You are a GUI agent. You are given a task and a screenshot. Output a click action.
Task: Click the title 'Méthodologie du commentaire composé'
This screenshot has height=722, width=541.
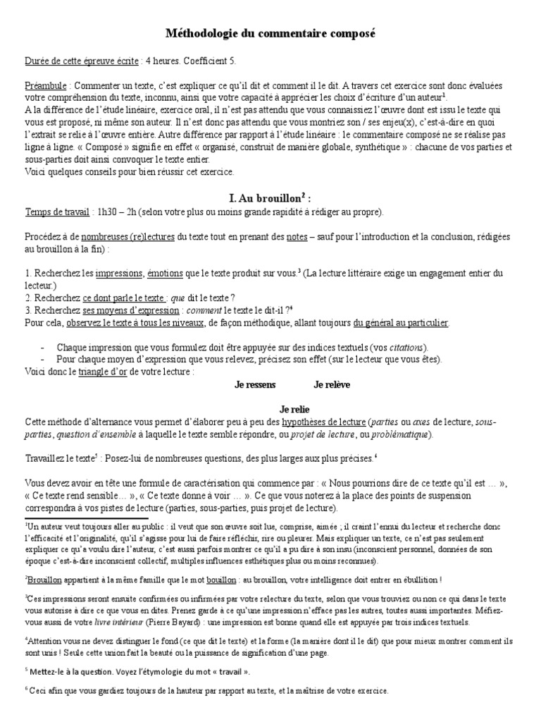pyautogui.click(x=270, y=33)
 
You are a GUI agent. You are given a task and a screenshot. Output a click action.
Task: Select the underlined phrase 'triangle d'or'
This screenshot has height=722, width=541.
pyautogui.click(x=102, y=370)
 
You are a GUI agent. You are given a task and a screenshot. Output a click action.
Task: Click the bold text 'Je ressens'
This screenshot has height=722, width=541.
pyautogui.click(x=255, y=385)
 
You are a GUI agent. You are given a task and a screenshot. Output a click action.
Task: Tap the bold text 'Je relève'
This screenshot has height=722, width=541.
pyautogui.click(x=332, y=385)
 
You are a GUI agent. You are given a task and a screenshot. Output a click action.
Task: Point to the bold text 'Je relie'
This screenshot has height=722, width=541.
pyautogui.click(x=295, y=409)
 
